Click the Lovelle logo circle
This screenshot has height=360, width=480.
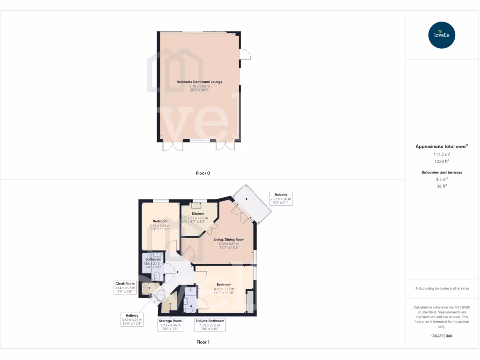pos(442,35)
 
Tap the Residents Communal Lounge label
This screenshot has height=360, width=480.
pos(199,82)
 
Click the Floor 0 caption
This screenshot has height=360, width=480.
pos(203,173)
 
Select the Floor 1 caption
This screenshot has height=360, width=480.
pos(203,342)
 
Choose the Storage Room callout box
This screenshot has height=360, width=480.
pos(171,325)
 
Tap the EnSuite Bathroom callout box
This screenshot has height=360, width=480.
pos(210,325)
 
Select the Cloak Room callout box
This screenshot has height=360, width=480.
pos(125,288)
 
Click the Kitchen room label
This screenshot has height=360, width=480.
pos(198,213)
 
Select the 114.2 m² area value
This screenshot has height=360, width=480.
pos(442,154)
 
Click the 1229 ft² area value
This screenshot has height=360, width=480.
pos(442,161)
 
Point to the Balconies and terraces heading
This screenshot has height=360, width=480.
pos(442,172)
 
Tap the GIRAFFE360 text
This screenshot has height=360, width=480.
pos(442,336)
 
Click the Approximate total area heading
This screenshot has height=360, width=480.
pos(441,147)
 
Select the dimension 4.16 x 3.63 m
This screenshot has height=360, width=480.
pos(224,289)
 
